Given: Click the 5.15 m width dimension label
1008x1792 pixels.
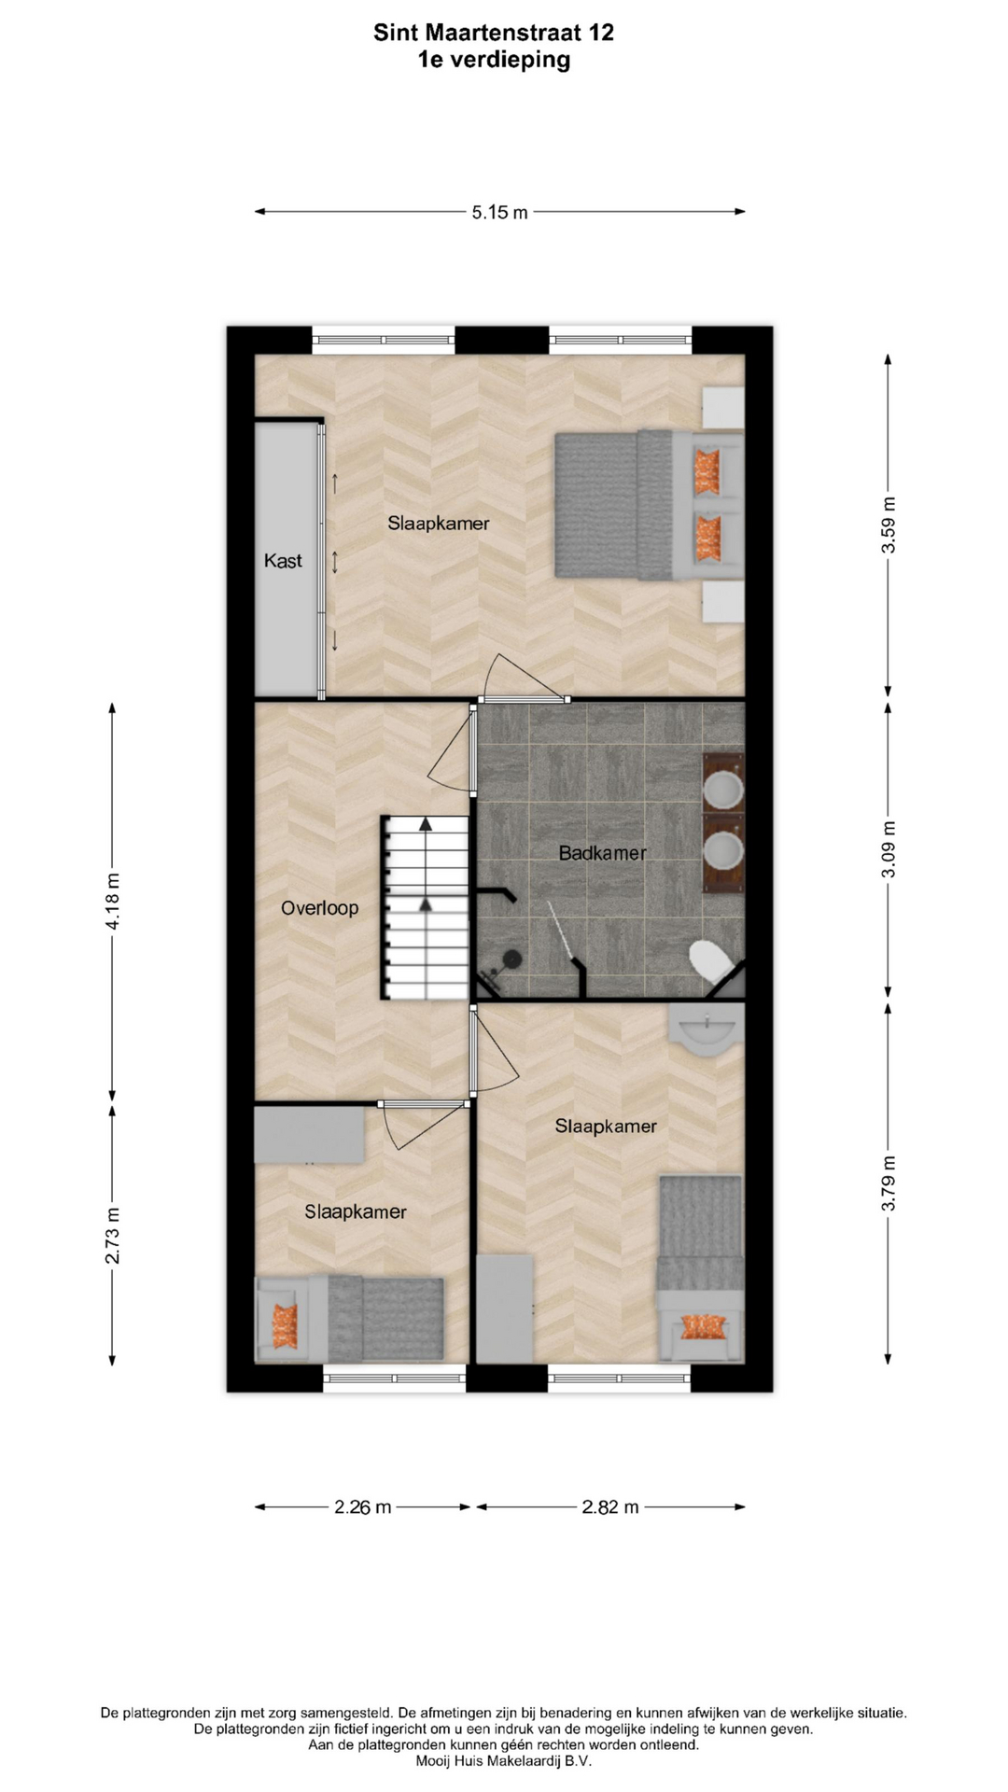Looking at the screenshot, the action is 499,212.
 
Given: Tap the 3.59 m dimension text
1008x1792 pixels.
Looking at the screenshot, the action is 889,525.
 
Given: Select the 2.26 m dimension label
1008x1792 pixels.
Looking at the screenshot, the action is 363,1506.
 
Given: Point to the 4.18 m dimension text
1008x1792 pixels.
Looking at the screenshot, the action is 112,901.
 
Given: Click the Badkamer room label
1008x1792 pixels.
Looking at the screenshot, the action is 602,852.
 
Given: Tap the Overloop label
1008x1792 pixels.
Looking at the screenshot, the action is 319,907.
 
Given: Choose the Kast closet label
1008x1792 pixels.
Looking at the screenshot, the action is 283,560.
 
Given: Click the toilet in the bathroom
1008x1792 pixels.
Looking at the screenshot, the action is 714,963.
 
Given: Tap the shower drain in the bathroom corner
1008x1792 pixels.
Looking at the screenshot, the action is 511,957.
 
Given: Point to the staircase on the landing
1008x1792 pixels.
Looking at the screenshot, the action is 425,908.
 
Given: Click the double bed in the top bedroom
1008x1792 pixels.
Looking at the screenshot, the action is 650,505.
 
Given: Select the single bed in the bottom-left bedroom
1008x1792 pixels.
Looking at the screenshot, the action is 349,1319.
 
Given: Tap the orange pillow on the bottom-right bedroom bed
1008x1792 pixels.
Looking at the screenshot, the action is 703,1326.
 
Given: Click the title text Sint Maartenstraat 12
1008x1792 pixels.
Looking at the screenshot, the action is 494,33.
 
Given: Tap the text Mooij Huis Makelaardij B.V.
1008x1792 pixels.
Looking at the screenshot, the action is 504,1761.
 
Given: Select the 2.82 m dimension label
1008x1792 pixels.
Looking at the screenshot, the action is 610,1506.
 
